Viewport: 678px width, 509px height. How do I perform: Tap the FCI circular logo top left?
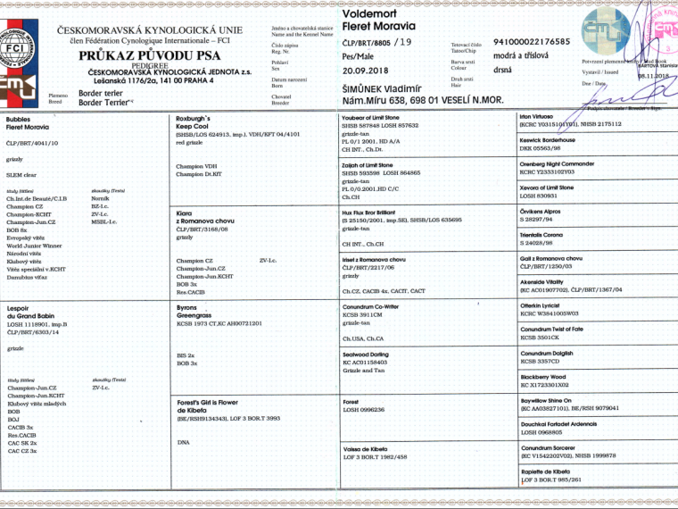pos(21,40)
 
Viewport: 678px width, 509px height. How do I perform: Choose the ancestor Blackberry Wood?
pos(543,377)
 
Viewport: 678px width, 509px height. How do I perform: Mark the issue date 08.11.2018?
pos(656,77)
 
